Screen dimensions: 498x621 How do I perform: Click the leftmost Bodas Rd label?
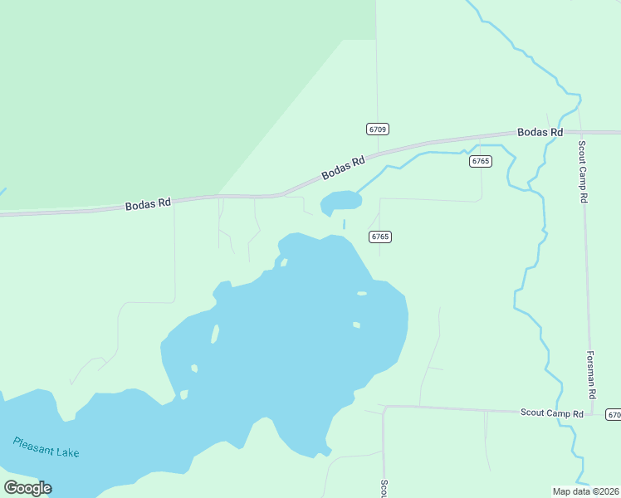click(x=148, y=203)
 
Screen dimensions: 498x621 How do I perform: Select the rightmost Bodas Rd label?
click(x=540, y=132)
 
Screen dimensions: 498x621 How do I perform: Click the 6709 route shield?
click(x=377, y=129)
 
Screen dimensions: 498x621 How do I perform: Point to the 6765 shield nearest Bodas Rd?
click(x=480, y=161)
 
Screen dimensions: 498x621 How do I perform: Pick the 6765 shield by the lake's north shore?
click(x=380, y=237)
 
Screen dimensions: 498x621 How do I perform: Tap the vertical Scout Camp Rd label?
click(x=583, y=171)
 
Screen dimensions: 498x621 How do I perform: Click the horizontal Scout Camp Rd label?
click(x=552, y=413)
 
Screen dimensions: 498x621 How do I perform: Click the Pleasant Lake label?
click(x=46, y=447)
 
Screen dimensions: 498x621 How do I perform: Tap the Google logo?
click(x=27, y=488)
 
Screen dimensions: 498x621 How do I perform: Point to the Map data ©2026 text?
click(x=586, y=491)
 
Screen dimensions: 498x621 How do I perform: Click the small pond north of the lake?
click(x=341, y=201)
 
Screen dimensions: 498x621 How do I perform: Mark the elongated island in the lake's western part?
click(x=215, y=334)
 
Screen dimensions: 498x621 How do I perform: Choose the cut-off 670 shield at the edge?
click(x=614, y=414)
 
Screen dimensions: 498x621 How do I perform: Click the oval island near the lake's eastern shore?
click(x=361, y=293)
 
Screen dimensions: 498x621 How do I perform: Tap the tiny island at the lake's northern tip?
click(x=284, y=263)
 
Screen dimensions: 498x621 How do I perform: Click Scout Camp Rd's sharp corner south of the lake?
click(x=384, y=408)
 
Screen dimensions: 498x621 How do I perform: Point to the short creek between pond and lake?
click(x=344, y=224)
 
